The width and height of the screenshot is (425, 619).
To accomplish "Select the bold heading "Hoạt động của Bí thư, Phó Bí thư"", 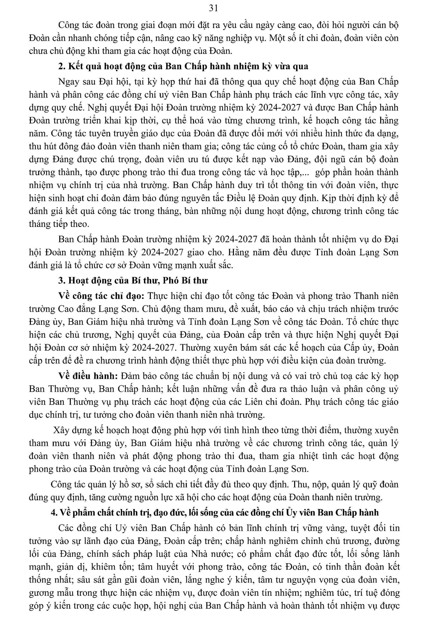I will (137, 280).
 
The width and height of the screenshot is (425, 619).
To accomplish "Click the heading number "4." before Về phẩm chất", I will (55, 512).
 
